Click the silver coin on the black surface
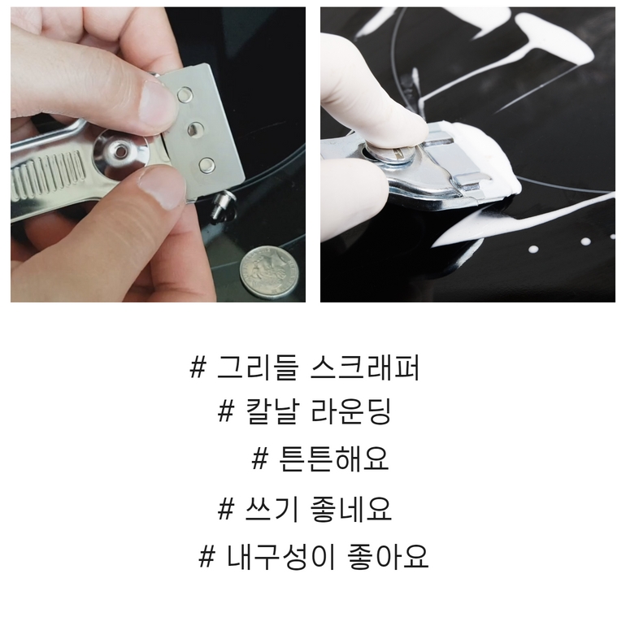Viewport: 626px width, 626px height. point(269,272)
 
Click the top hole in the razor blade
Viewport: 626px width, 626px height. point(185,94)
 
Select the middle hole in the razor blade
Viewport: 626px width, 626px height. point(195,129)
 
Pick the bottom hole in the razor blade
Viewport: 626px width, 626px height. point(206,165)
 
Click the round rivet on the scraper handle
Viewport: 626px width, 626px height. point(120,151)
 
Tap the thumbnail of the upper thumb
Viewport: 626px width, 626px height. point(156,106)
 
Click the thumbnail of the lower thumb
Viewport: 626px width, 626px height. point(163,188)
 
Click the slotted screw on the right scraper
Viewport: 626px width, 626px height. point(395,155)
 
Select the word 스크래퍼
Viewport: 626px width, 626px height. point(364,367)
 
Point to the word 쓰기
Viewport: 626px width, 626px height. point(272,509)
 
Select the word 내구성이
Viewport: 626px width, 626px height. point(281,557)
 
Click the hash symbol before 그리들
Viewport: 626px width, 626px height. point(198,367)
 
